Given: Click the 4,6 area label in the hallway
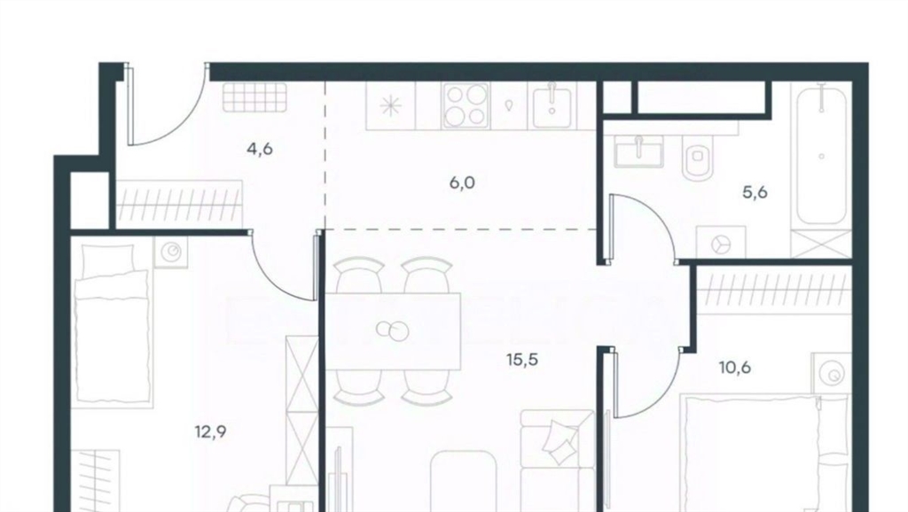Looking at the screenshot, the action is [x=260, y=150].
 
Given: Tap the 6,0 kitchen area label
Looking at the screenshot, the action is [x=462, y=182].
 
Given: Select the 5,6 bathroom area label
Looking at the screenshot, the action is [x=755, y=192].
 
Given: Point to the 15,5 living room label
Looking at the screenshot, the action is [x=522, y=360].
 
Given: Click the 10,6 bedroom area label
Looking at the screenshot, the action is [x=735, y=368].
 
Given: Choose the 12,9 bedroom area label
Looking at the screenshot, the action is [x=211, y=431].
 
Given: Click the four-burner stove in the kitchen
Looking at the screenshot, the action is [x=466, y=105].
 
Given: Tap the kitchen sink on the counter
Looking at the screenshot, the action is [x=553, y=105].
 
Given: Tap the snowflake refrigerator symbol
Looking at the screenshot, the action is [x=391, y=106].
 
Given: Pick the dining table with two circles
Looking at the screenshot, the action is [x=393, y=331].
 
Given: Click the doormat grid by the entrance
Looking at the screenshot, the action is [x=254, y=97].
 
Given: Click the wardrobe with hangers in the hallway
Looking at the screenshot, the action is [x=179, y=204].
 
